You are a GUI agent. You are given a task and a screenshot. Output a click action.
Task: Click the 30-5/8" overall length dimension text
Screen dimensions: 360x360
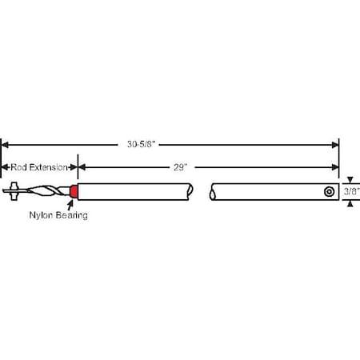170,145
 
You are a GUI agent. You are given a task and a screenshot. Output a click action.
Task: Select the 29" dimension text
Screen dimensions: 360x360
180,166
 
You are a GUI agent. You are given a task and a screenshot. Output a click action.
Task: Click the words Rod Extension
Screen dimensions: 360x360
38,166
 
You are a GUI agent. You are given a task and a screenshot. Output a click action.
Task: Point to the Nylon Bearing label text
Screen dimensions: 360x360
58,215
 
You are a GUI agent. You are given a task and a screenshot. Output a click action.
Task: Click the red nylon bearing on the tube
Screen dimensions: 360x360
74,192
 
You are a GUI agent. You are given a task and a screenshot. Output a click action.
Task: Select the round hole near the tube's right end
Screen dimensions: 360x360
329,192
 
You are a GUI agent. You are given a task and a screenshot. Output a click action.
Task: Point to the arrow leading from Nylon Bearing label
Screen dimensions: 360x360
72,203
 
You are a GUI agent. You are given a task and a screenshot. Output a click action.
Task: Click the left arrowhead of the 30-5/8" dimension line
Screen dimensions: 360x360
5,145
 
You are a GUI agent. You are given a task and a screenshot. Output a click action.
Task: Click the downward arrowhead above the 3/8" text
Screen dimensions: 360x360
349,180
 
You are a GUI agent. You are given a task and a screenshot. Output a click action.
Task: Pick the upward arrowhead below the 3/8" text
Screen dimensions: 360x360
349,203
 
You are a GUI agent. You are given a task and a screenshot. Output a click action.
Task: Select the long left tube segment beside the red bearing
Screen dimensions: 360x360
136,192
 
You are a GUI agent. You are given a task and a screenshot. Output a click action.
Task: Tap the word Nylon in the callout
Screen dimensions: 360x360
41,215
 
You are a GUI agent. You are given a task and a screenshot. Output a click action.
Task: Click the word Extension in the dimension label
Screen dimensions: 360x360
50,166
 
